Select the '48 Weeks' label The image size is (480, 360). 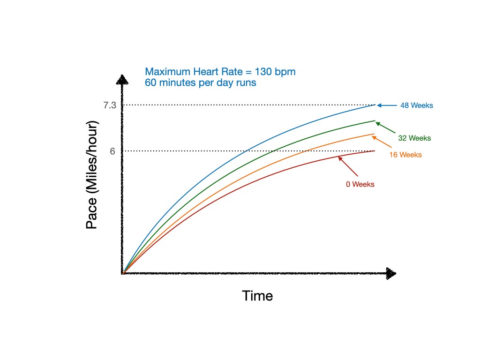417,105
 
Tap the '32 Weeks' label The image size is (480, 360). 414,138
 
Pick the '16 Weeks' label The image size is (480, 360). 405,155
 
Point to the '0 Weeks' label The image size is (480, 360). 360,184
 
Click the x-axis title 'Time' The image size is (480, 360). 257,296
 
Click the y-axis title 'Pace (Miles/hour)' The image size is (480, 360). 92,176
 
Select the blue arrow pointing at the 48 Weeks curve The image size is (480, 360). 387,105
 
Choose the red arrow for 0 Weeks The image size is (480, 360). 347,166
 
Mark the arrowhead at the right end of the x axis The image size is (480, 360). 391,274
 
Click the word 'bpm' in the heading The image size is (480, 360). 286,73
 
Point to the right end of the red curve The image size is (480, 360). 375,151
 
